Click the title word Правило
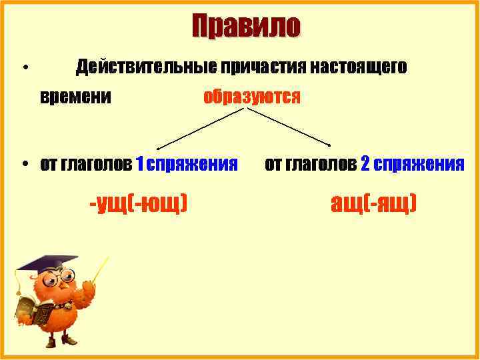pyautogui.click(x=246, y=27)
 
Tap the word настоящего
pyautogui.click(x=357, y=67)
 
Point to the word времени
pyautogui.click(x=75, y=97)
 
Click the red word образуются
pyautogui.click(x=252, y=97)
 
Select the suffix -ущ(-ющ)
pyautogui.click(x=138, y=202)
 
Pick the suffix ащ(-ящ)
pyautogui.click(x=374, y=202)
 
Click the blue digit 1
pyautogui.click(x=139, y=164)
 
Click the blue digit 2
pyautogui.click(x=365, y=164)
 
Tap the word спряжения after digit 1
pyautogui.click(x=193, y=164)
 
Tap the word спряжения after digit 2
pyautogui.click(x=420, y=164)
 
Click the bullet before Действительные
pyautogui.click(x=23, y=68)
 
